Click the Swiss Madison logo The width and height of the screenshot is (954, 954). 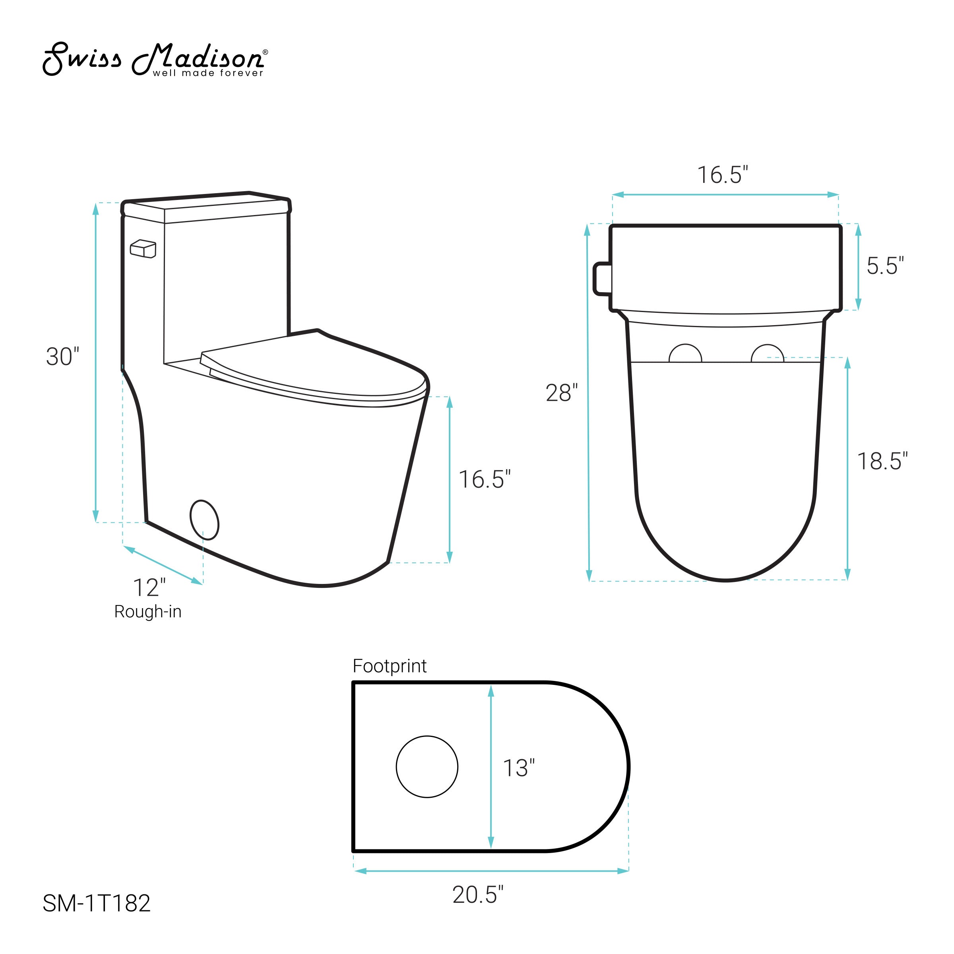pyautogui.click(x=155, y=60)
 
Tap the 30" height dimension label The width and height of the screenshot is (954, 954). pyautogui.click(x=63, y=357)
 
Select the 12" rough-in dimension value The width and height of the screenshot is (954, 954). pyautogui.click(x=149, y=587)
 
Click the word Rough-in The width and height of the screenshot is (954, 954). pyautogui.click(x=148, y=612)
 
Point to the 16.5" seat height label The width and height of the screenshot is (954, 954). pyautogui.click(x=485, y=479)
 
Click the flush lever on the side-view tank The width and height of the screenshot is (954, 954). pyautogui.click(x=143, y=249)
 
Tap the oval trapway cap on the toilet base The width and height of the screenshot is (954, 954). pyautogui.click(x=204, y=520)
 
